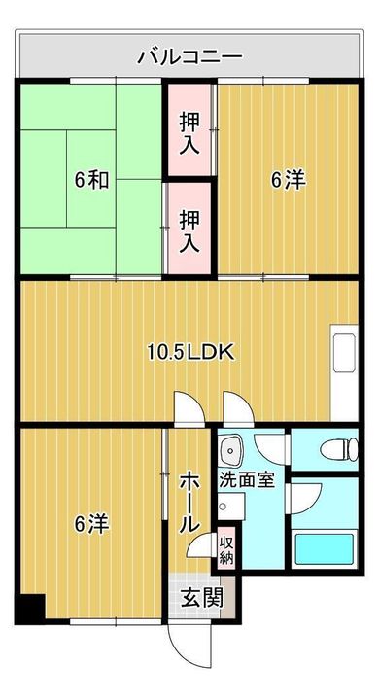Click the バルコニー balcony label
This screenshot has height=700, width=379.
(x=189, y=57)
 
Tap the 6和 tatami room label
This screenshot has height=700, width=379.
(x=91, y=181)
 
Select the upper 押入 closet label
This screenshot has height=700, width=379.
(x=189, y=133)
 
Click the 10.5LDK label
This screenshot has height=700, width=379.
(x=190, y=353)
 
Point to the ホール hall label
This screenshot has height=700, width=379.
(x=189, y=503)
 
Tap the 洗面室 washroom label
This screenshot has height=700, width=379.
(x=246, y=481)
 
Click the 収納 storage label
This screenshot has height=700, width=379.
(x=225, y=550)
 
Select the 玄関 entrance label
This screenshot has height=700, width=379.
(x=201, y=597)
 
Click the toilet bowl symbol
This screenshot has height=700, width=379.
(x=339, y=449)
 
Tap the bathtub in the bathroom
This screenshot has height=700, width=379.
(x=325, y=548)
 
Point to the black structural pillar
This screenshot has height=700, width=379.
(x=31, y=608)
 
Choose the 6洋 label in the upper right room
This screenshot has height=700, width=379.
(x=288, y=181)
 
